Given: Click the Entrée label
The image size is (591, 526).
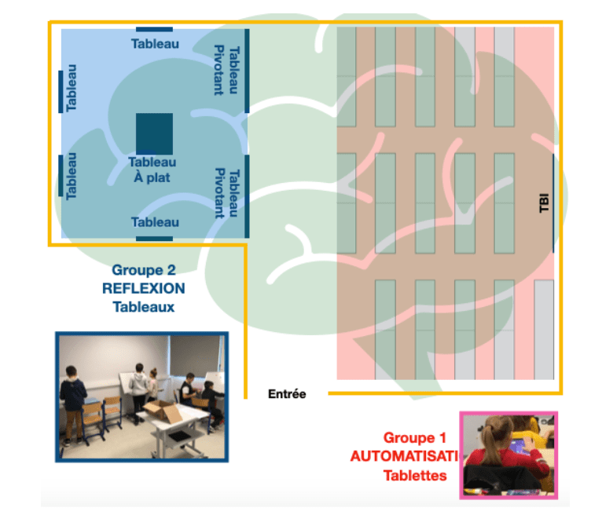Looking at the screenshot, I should coord(286,394).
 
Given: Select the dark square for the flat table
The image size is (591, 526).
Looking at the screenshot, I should coord(154,133).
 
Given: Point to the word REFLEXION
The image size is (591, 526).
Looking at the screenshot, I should coord(144,288).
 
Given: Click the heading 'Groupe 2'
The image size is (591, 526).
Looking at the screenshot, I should coord(144,270).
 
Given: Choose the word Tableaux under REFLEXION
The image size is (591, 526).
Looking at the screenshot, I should coord(144,306).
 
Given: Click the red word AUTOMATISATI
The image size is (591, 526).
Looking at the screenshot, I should coord(406,456).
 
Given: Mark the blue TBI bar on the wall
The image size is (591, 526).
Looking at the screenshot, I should coord(554,203).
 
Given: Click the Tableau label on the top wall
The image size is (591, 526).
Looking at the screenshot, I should coord(155,44).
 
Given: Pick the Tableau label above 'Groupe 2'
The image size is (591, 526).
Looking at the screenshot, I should coord(155,222).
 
